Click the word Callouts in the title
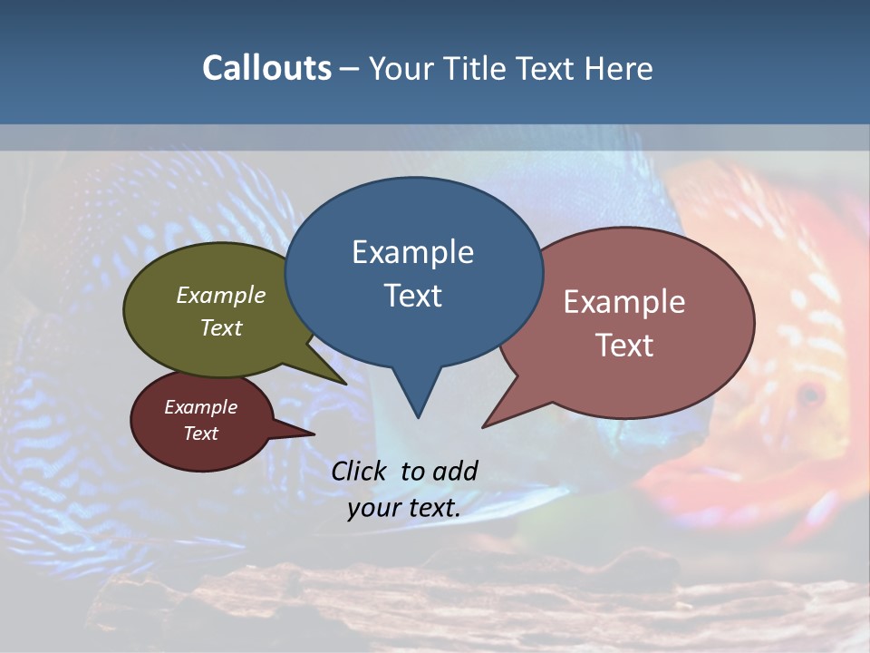pos(266,68)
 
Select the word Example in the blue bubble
pos(412,252)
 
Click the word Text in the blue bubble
pos(412,296)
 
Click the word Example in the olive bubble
pos(221,296)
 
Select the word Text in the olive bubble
pos(221,327)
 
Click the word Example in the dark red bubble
pos(200,407)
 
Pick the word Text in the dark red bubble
pos(200,434)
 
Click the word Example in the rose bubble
pos(624,302)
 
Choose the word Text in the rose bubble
pos(624,346)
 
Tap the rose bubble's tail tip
pos(485,425)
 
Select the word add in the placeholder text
pos(454,471)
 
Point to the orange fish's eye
pos(809,395)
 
